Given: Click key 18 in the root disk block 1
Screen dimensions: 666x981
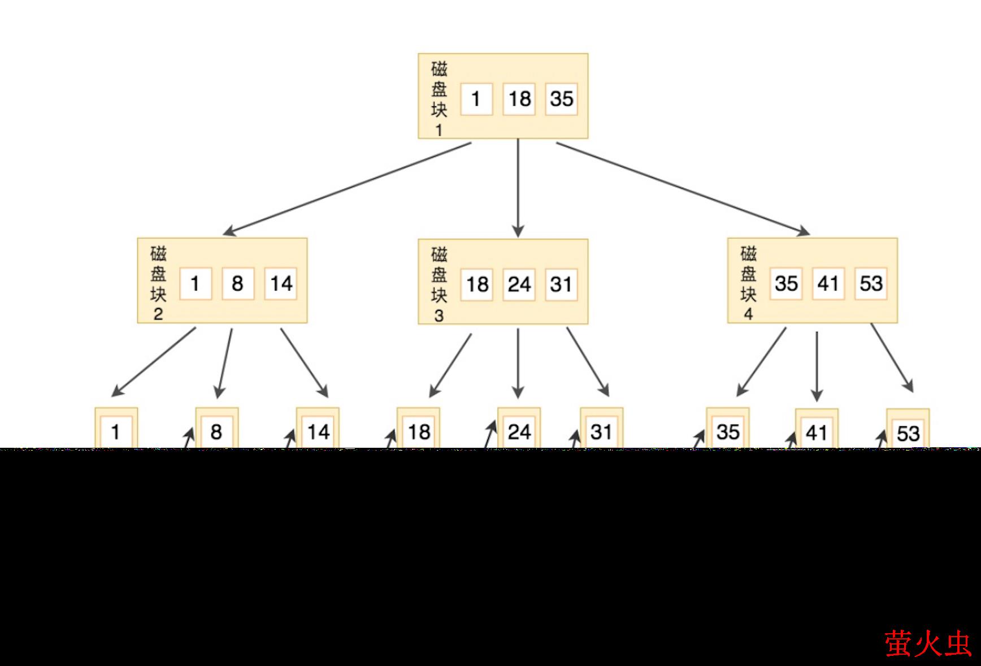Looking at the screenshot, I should [x=519, y=99].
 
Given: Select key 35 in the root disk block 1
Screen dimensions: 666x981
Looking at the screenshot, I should [x=561, y=99].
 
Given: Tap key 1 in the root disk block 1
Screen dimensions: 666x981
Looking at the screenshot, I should [x=476, y=99].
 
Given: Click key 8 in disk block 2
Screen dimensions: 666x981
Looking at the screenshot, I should [x=237, y=283].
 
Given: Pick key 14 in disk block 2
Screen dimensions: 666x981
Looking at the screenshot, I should [x=281, y=283].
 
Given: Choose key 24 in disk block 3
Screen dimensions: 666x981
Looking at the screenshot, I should [x=519, y=284].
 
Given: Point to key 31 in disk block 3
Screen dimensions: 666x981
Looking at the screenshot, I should [x=561, y=284].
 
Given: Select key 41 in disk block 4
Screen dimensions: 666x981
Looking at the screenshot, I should [x=828, y=283].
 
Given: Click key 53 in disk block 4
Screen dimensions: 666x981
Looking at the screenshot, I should [x=871, y=283].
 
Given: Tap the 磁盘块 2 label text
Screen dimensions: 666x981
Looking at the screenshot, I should [x=158, y=283].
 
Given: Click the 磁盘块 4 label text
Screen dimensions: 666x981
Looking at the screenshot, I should [x=748, y=283].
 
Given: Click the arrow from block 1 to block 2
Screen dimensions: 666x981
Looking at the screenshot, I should [x=348, y=188].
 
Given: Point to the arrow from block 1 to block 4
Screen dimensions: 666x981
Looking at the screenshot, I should [x=683, y=188].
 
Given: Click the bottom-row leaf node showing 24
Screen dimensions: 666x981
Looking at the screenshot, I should [x=519, y=432].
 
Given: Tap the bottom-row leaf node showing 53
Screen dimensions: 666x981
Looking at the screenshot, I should [x=908, y=433].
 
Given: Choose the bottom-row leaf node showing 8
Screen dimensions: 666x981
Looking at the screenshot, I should [x=216, y=432].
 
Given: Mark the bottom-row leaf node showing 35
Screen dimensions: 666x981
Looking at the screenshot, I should [x=728, y=432].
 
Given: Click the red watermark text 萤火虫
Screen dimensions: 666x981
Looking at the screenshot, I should [x=927, y=644].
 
